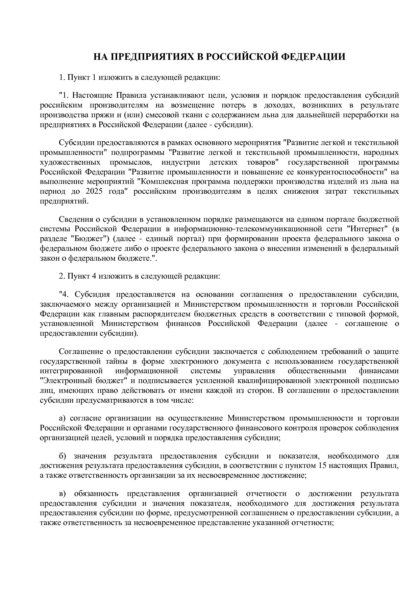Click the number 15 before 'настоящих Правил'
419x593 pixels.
click(x=322, y=465)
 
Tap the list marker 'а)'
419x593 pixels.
click(x=63, y=418)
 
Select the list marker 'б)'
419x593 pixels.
click(x=63, y=456)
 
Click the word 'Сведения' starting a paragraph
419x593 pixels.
click(x=74, y=219)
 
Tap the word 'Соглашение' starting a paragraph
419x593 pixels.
click(x=78, y=351)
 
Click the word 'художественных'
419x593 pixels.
click(x=70, y=162)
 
